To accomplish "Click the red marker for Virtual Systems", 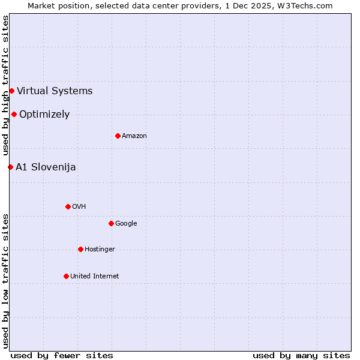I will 11,91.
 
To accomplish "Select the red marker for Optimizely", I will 14,114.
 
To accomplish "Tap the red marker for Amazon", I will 118,136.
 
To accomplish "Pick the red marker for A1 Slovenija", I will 10,167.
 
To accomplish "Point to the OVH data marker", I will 68,206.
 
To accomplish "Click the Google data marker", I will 111,223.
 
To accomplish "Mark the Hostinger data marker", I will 80,249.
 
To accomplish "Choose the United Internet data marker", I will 66,276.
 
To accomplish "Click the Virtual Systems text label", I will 55,91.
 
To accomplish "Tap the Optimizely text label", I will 44,115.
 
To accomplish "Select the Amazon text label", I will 134,136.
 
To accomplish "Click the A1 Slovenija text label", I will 46,167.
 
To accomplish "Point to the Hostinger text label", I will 100,249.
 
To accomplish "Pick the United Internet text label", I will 94,276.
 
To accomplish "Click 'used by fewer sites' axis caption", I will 62,355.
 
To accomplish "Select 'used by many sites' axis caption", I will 301,355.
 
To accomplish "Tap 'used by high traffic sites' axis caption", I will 6,86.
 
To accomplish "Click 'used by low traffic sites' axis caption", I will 6,281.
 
